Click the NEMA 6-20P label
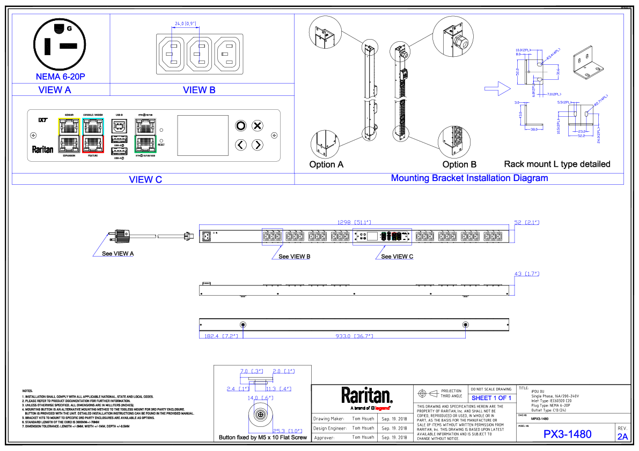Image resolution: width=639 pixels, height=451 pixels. (61, 77)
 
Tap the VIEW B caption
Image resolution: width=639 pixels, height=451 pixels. (199, 90)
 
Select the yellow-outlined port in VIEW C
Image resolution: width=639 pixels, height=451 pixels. (69, 127)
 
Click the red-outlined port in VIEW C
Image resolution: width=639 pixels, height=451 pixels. (93, 143)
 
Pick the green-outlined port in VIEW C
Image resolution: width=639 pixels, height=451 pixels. (145, 143)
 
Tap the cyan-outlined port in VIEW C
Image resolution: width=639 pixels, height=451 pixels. (93, 127)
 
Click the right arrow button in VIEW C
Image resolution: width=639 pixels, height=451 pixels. (258, 145)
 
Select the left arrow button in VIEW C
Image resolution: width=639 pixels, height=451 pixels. (241, 145)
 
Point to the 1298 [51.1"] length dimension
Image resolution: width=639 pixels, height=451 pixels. (354, 222)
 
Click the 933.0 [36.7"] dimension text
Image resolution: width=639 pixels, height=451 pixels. (354, 336)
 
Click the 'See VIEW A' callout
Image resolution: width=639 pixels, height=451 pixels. (117, 253)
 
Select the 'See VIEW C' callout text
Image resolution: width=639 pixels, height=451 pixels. (397, 257)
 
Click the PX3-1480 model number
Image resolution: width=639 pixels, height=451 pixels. (567, 434)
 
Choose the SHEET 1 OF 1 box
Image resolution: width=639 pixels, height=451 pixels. (491, 398)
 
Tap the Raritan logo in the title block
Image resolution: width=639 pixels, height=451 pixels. (367, 396)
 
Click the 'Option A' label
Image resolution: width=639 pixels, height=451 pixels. (326, 164)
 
